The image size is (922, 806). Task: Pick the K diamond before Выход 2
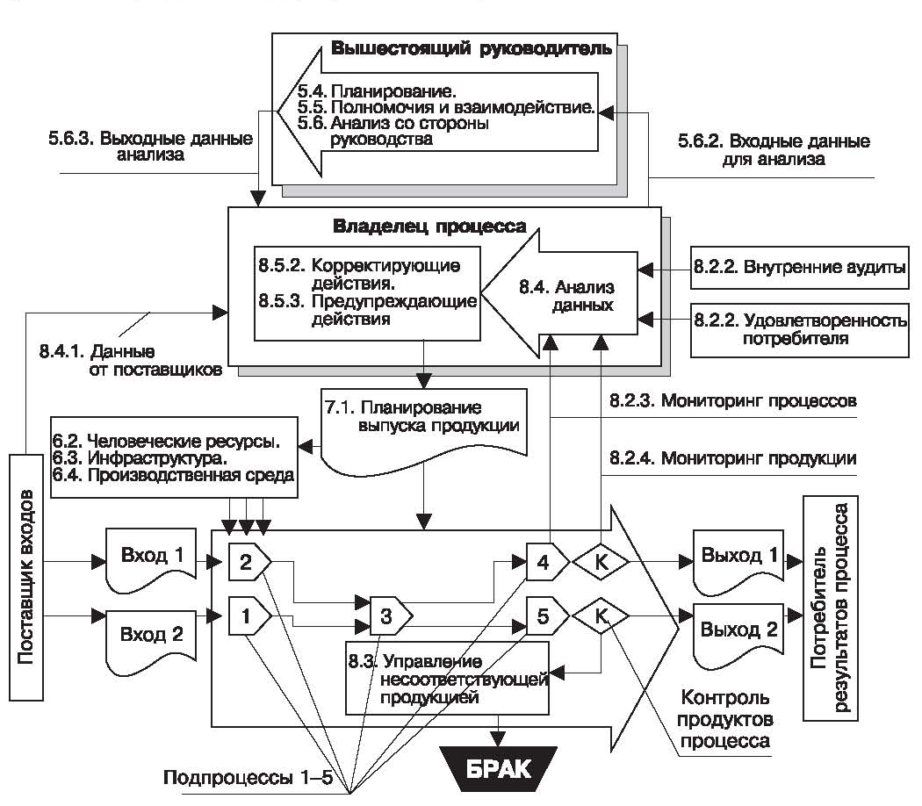pos(601,615)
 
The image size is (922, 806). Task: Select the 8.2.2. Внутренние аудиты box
pos(799,268)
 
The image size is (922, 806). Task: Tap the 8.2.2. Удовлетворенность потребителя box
pos(799,327)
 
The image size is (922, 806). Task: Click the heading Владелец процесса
pos(429,227)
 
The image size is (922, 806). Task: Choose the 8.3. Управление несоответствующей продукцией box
pos(448,677)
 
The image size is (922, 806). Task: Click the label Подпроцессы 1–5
pos(230,777)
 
